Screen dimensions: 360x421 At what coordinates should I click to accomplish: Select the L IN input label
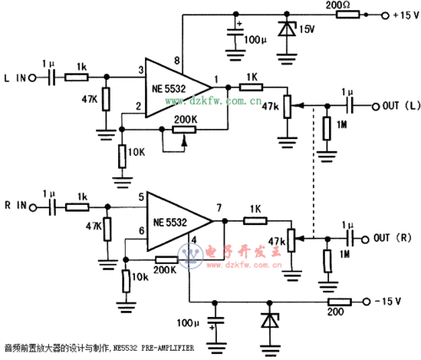click(x=17, y=78)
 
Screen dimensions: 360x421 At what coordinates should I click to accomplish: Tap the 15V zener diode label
click(x=304, y=30)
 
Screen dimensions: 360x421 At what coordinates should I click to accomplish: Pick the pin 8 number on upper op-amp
click(x=178, y=61)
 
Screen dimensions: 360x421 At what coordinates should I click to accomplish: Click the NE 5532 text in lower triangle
click(x=170, y=223)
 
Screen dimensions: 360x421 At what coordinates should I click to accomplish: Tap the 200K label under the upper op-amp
click(x=185, y=120)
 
